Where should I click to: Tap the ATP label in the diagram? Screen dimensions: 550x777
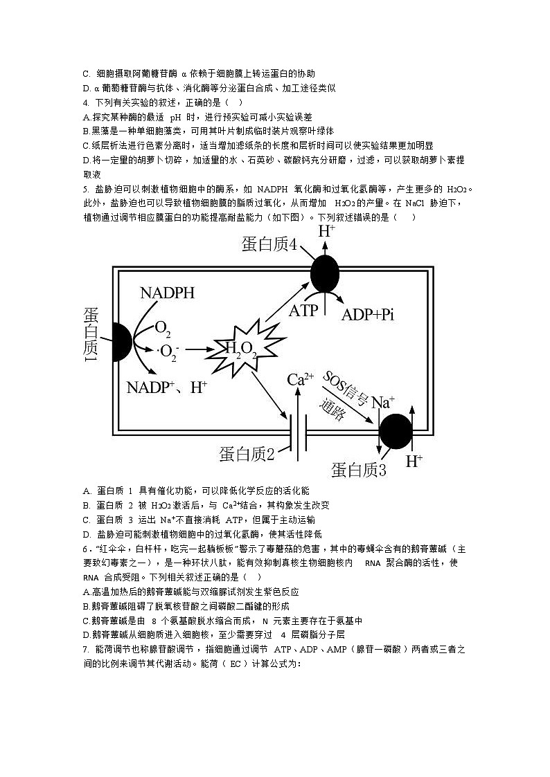pyautogui.click(x=303, y=311)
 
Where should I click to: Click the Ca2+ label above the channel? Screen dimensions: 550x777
pyautogui.click(x=301, y=379)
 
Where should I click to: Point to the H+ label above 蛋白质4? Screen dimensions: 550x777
pyautogui.click(x=326, y=232)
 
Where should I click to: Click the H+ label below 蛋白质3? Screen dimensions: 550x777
pyautogui.click(x=414, y=461)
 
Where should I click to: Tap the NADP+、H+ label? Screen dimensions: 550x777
pyautogui.click(x=167, y=387)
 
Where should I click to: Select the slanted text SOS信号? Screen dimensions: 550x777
pyautogui.click(x=346, y=388)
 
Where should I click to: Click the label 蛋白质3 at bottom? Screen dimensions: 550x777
pyautogui.click(x=358, y=470)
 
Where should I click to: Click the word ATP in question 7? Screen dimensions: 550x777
pyautogui.click(x=283, y=650)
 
